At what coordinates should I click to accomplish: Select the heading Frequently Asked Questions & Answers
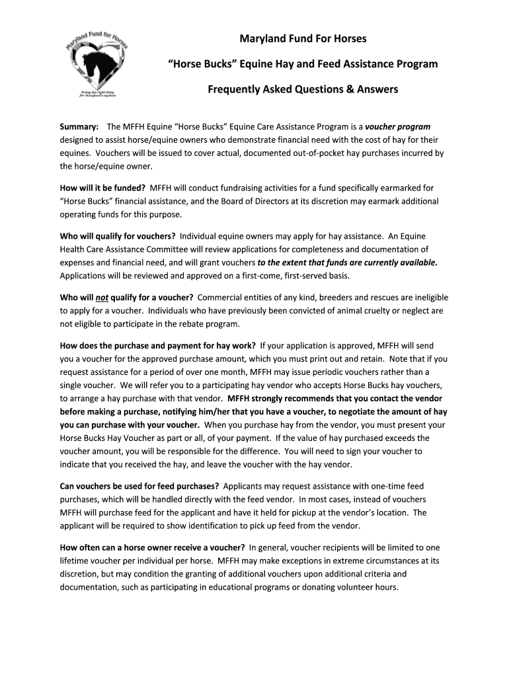[x=303, y=89]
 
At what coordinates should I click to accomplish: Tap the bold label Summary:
[x=79, y=126]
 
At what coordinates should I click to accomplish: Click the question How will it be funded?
[x=102, y=188]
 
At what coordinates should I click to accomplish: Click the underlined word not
[x=102, y=297]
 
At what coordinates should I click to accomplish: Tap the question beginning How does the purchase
[x=157, y=345]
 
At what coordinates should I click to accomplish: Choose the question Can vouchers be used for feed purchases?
[x=139, y=486]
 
